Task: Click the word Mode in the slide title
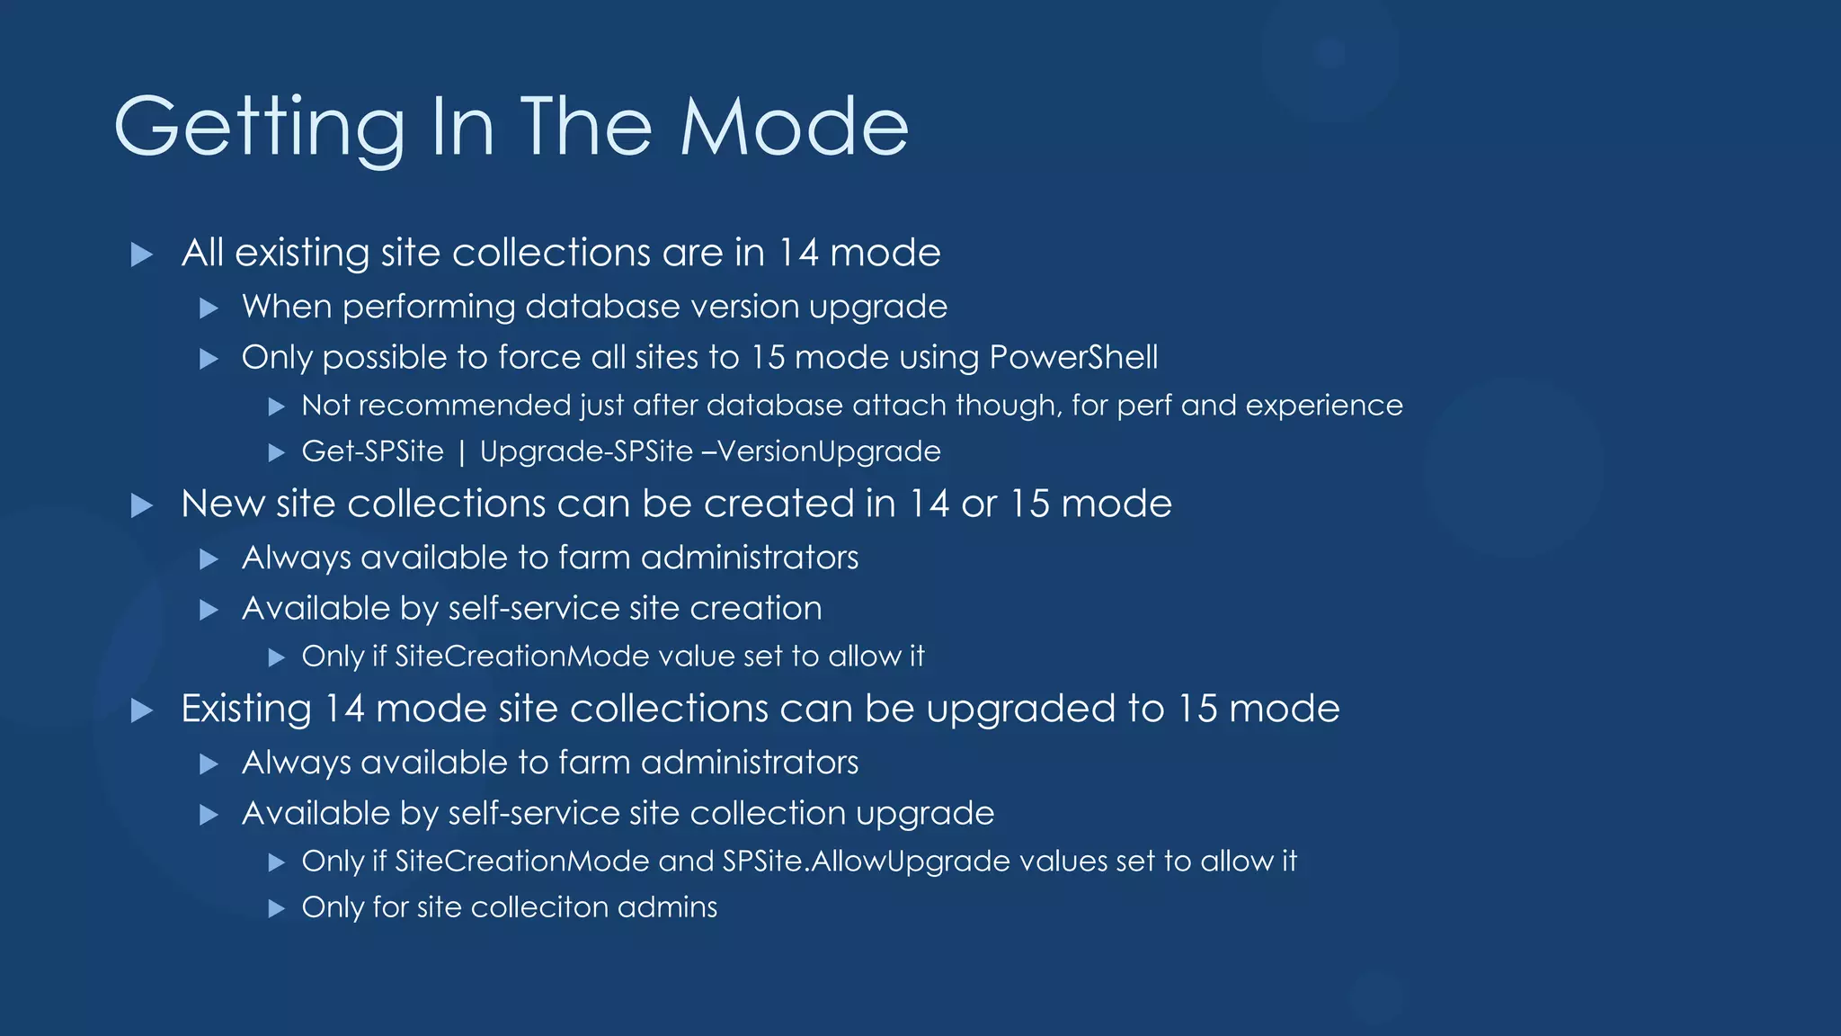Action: (794, 127)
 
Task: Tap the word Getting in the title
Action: (260, 129)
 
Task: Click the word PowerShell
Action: (1073, 358)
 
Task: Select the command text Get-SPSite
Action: (372, 451)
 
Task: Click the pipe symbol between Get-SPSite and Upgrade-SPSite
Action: (462, 452)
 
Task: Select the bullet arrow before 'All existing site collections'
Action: (141, 255)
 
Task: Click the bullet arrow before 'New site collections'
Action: (141, 505)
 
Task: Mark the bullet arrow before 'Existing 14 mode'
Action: (141, 710)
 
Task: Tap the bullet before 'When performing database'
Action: (209, 308)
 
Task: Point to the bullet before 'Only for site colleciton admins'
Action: (277, 908)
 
